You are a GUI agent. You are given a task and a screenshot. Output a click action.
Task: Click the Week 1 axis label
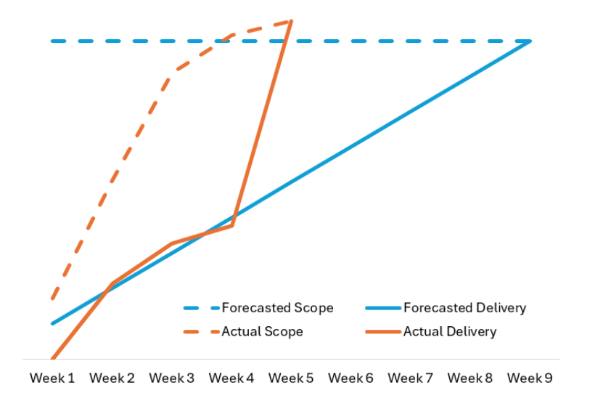[52, 378]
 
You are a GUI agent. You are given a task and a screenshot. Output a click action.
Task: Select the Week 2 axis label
[112, 378]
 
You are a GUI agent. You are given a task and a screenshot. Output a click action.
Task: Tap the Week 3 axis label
[171, 378]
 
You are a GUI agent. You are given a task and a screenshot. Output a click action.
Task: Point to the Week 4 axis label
[231, 378]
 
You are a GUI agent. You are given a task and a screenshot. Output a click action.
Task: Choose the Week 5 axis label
[291, 378]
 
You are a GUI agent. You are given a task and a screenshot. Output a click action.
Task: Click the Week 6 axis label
[350, 378]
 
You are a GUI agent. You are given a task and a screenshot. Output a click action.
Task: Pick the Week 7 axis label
[410, 378]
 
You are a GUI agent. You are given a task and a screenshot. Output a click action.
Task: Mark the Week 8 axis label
[469, 378]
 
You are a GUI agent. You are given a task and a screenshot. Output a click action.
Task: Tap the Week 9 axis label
[530, 378]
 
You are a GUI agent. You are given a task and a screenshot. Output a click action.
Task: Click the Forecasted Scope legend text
[277, 308]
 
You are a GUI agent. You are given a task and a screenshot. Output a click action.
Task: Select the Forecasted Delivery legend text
[464, 308]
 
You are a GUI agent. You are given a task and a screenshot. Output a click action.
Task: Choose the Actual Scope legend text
[262, 332]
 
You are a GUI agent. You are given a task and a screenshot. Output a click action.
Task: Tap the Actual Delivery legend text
[450, 332]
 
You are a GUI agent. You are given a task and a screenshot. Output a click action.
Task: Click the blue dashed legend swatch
[200, 308]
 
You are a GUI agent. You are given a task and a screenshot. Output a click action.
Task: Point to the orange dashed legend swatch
[200, 332]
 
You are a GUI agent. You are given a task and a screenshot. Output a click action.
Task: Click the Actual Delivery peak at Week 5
[291, 22]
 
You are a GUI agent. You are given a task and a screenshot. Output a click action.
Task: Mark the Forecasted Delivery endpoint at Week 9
[530, 41]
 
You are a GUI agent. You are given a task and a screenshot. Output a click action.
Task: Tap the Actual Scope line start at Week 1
[53, 298]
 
